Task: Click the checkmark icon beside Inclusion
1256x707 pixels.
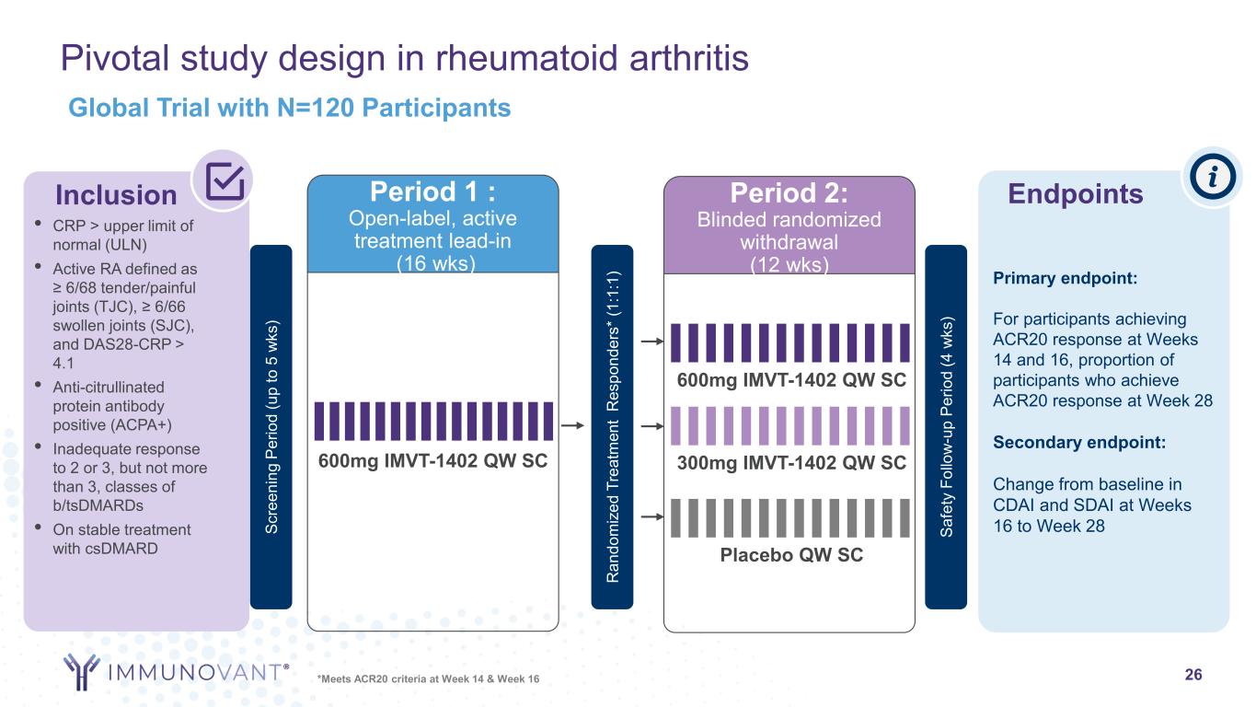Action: (x=223, y=181)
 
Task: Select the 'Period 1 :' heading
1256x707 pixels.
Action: (x=432, y=194)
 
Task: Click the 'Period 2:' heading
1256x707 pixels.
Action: (x=789, y=194)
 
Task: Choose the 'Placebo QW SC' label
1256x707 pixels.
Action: (x=789, y=555)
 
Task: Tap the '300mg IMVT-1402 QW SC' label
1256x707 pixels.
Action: (x=789, y=462)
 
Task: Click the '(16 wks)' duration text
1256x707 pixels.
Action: (x=432, y=263)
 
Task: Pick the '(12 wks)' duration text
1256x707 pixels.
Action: (x=789, y=264)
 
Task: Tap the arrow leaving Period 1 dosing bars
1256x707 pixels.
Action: (x=572, y=425)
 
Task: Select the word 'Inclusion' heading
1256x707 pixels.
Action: (x=116, y=195)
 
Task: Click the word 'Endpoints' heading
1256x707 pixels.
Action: (x=1076, y=193)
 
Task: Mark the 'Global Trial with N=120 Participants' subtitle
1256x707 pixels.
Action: (x=290, y=109)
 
